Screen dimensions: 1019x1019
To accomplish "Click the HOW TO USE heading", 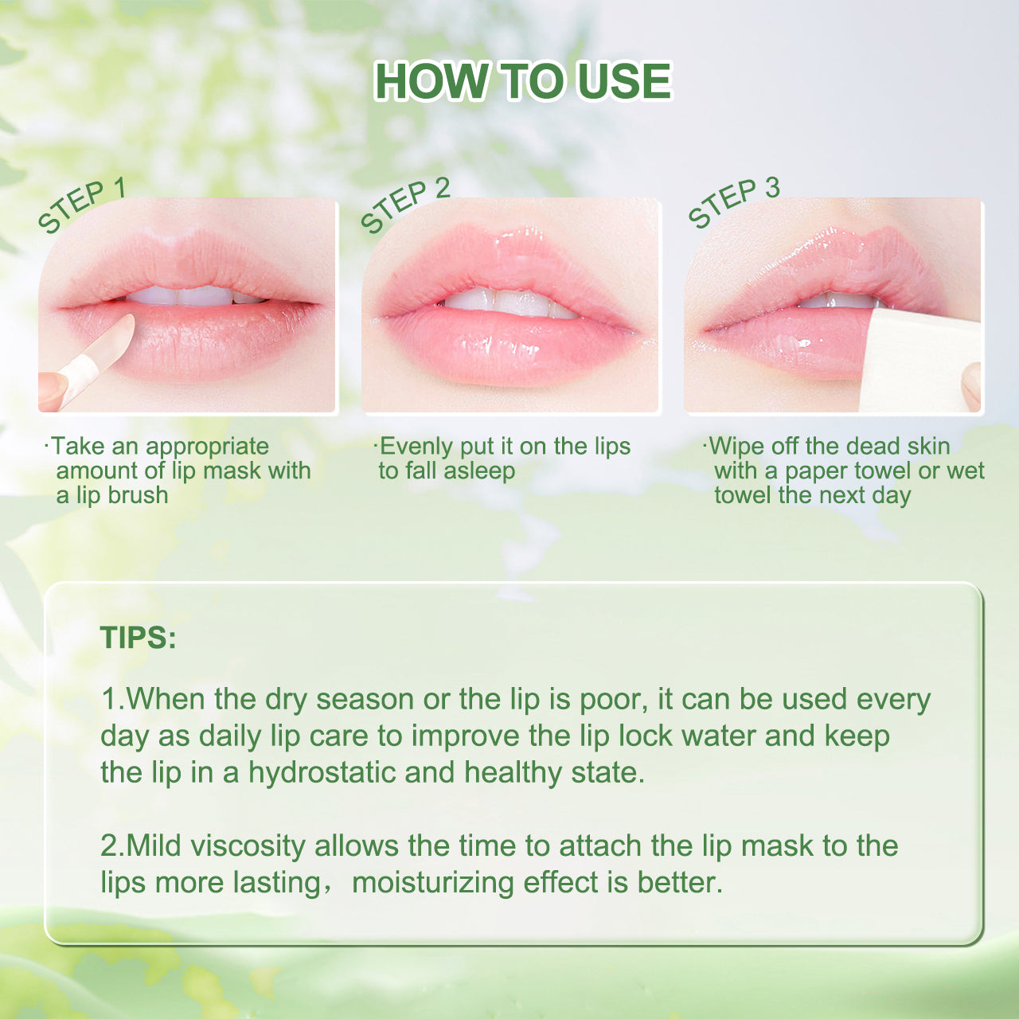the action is tap(522, 81).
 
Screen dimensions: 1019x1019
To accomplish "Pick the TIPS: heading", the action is tap(138, 637).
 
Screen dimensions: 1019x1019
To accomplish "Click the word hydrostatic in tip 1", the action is tap(322, 774).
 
